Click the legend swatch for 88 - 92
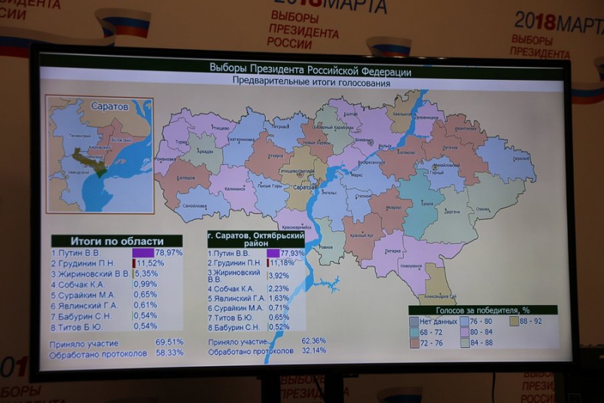click(x=513, y=321)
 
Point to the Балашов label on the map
click(x=186, y=178)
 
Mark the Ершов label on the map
click(x=427, y=203)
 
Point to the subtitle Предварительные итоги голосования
click(x=310, y=84)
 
